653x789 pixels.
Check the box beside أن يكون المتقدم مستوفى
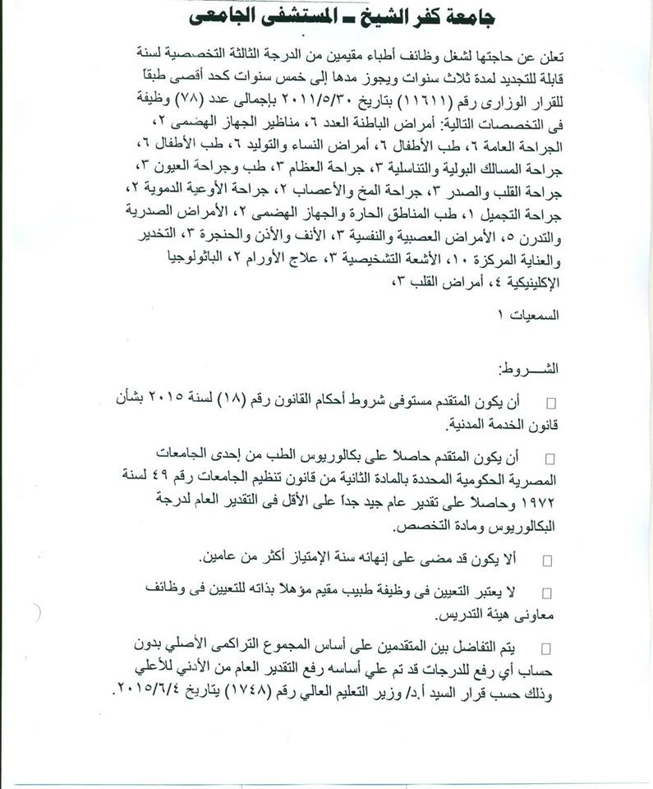point(550,402)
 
